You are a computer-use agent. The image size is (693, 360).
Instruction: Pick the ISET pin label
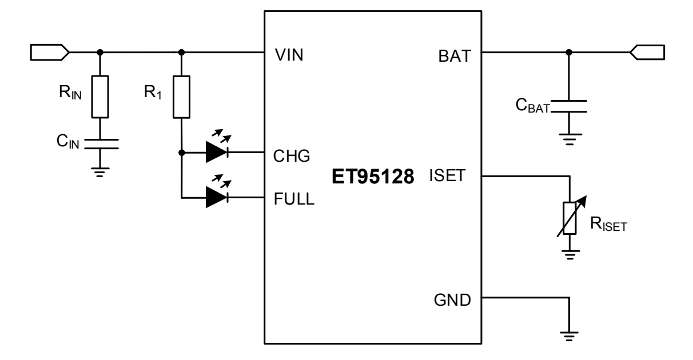[x=450, y=177]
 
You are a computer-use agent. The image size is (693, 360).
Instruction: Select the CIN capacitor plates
[x=101, y=143]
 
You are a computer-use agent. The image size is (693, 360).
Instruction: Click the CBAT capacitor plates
[x=568, y=106]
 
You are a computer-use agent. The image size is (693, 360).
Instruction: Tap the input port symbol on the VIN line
[x=49, y=53]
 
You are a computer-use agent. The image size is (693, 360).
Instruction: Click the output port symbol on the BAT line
[x=647, y=53]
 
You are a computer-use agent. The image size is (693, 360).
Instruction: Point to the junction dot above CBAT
[x=568, y=53]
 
